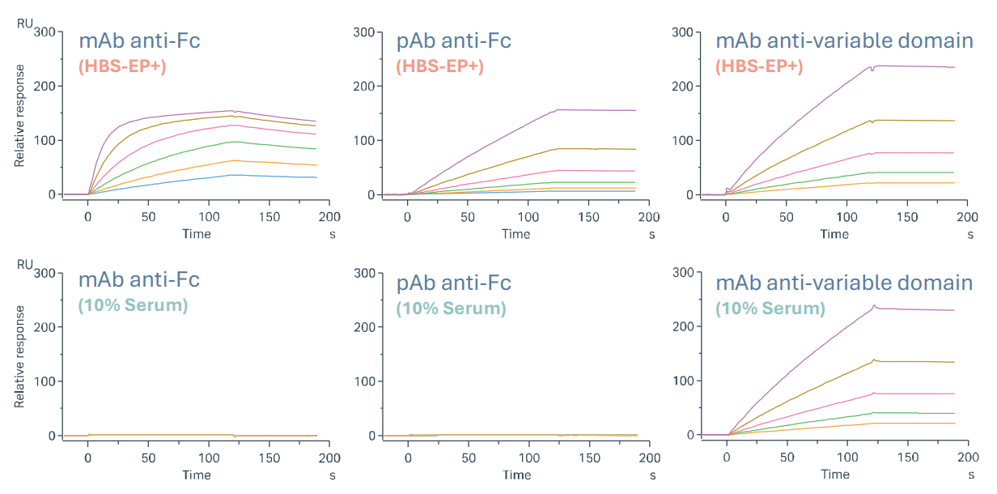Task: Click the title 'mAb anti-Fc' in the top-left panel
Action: [x=138, y=41]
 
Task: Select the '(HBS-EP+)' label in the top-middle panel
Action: [x=439, y=66]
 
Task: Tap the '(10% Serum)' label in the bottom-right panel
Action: [x=770, y=309]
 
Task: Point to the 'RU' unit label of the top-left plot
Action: [x=25, y=23]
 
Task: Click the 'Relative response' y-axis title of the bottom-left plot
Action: [x=19, y=356]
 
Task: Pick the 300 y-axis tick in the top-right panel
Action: [x=685, y=32]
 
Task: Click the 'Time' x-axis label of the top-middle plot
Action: [x=515, y=234]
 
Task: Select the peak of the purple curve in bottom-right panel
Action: [x=874, y=306]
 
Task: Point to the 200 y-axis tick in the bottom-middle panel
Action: [x=366, y=327]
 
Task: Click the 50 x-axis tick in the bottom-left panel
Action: [x=148, y=458]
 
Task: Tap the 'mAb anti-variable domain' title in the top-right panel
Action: [x=844, y=40]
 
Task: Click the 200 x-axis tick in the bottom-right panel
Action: [x=965, y=458]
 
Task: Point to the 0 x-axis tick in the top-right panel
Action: [x=726, y=217]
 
